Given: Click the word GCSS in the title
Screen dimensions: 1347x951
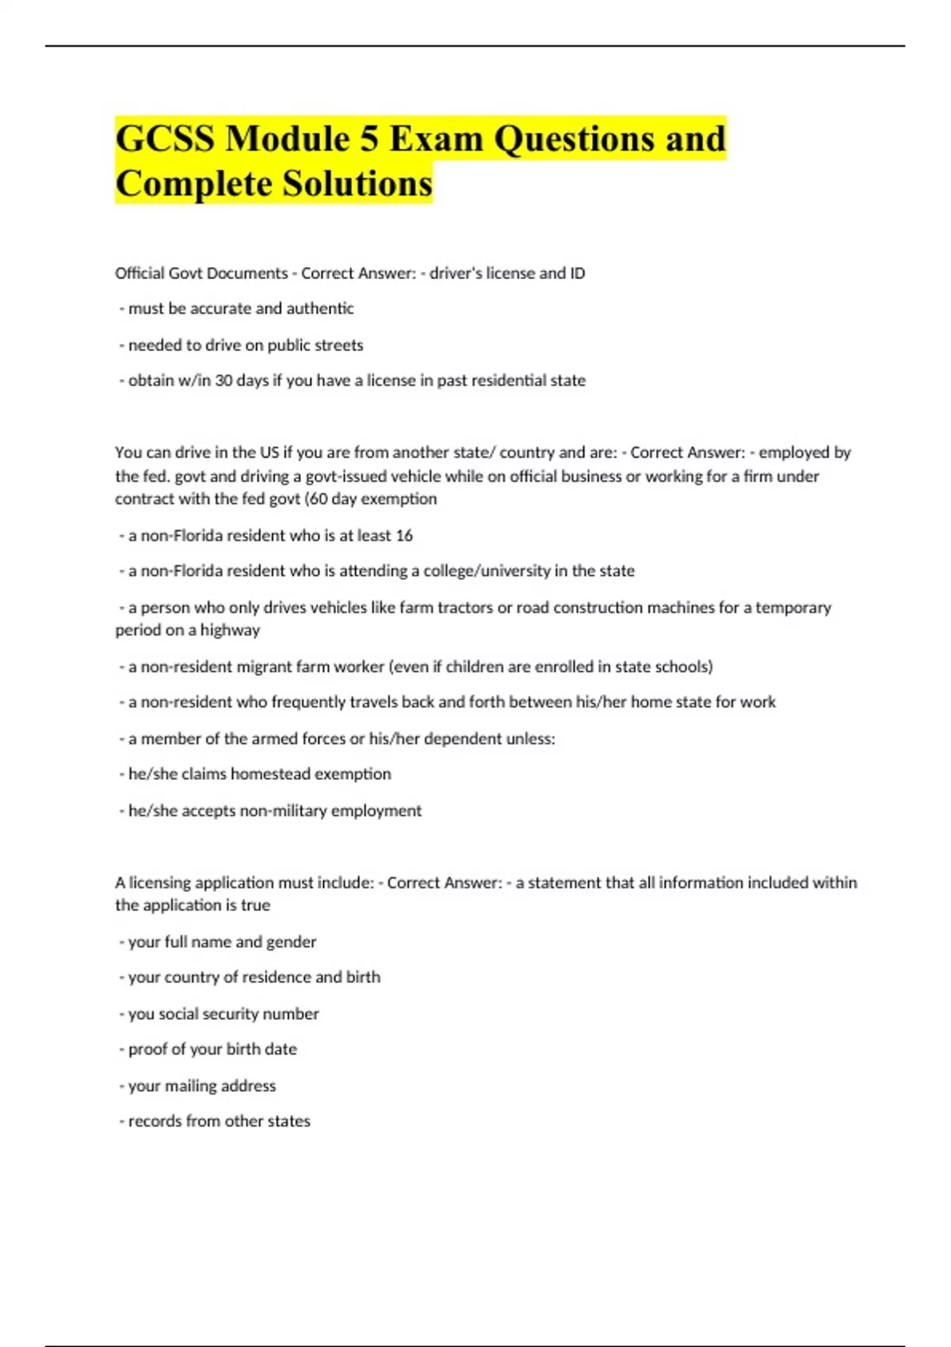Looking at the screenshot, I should click(165, 139).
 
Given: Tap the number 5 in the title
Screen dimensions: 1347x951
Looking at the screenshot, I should click(369, 139).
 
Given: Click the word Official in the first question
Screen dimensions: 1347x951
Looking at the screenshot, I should click(140, 273).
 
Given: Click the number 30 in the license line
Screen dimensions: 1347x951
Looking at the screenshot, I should click(223, 380).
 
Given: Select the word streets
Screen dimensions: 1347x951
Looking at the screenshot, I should click(338, 345).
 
